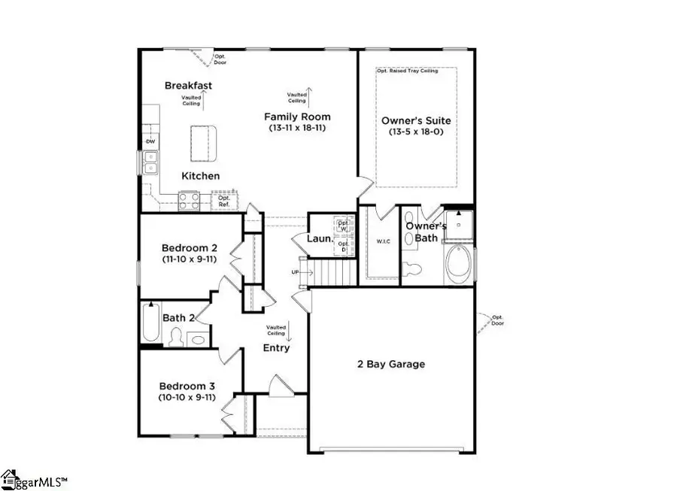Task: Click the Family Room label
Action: click(x=296, y=117)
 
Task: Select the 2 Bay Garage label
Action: click(x=390, y=364)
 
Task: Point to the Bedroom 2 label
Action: click(x=189, y=247)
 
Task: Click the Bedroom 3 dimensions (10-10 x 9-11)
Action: click(x=187, y=396)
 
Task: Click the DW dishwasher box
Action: click(x=150, y=141)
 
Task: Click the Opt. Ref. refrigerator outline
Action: click(x=223, y=201)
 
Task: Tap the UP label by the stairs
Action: click(x=296, y=271)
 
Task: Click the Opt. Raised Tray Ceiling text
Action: click(x=417, y=71)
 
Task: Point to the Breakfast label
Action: click(x=188, y=86)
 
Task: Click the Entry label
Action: click(x=276, y=348)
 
